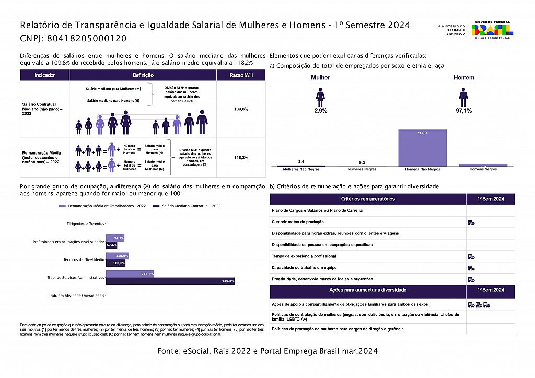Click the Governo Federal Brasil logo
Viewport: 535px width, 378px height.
pos(492,29)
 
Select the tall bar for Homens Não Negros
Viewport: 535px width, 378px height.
pos(423,148)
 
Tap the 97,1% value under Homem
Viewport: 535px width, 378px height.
pos(463,111)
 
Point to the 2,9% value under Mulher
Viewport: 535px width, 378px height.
pos(320,111)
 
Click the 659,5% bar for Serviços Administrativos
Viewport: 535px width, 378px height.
pos(170,281)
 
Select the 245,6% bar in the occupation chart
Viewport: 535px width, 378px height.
pos(130,274)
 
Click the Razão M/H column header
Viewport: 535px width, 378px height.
pos(241,75)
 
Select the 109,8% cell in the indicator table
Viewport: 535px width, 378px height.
pos(241,109)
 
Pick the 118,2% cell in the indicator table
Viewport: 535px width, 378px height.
pos(241,157)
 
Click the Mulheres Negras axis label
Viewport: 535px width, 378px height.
pos(363,169)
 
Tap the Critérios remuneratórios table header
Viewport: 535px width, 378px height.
pos(368,199)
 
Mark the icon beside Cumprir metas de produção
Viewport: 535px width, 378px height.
pos(471,222)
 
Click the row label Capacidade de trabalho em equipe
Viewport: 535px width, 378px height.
pos(304,267)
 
